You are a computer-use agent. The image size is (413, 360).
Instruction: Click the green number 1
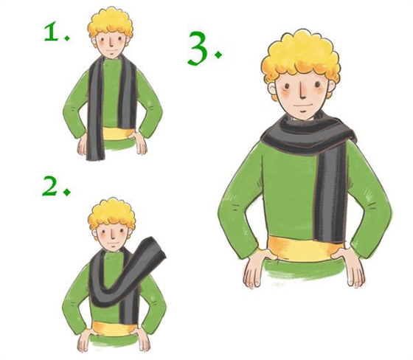tap(51, 32)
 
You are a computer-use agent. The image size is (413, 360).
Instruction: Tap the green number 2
tap(49, 186)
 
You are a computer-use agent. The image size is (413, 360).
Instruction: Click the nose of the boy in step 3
tap(303, 91)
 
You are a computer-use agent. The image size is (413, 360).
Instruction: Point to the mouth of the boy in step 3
tap(303, 107)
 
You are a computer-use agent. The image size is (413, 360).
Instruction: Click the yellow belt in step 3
tap(305, 249)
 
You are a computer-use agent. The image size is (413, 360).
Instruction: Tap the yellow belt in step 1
tap(116, 134)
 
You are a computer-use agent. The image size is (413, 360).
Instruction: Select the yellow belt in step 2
tap(114, 328)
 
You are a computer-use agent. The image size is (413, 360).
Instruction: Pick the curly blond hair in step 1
tap(110, 24)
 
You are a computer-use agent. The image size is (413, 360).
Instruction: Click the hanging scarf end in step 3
tap(330, 195)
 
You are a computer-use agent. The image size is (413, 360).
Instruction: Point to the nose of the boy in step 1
tap(111, 44)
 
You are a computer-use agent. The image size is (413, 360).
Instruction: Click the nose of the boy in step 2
tap(112, 235)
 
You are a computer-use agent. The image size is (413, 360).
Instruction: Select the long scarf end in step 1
tap(95, 111)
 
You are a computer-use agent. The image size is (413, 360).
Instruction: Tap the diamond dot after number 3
tap(218, 55)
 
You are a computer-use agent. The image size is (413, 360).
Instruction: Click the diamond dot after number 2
tap(67, 192)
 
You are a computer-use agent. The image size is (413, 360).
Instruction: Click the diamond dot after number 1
tap(67, 38)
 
